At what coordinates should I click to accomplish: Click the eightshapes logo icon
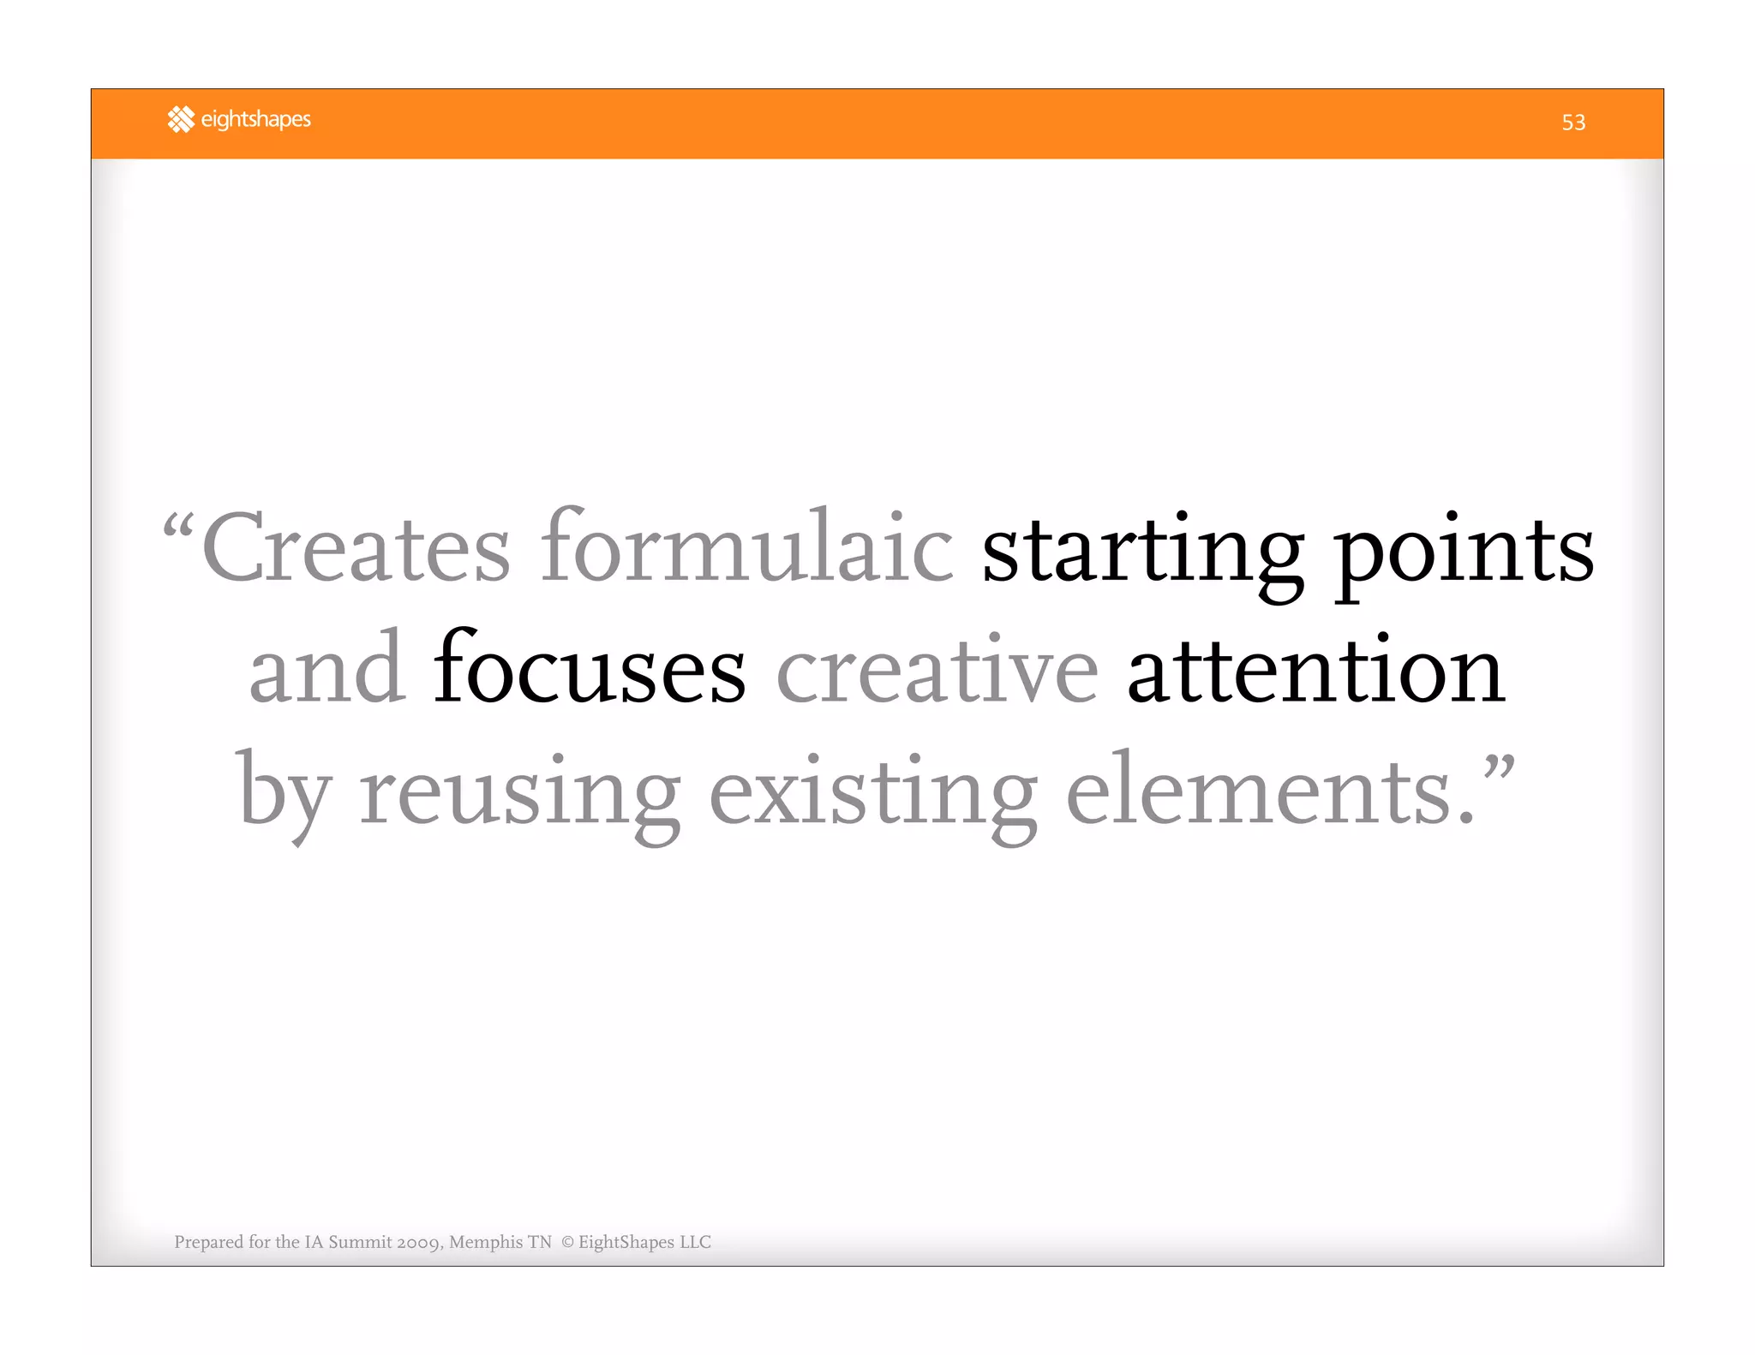(181, 119)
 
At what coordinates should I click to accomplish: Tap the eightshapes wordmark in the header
(255, 119)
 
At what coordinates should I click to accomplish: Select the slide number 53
(1573, 122)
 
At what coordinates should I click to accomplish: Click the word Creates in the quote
(356, 549)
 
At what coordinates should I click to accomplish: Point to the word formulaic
(746, 549)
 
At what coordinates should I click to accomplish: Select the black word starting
(1142, 552)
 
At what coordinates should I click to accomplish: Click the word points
(1464, 552)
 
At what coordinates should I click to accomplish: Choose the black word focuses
(590, 669)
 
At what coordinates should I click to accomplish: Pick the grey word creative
(937, 669)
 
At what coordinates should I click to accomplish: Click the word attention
(1315, 669)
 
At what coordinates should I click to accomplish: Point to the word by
(283, 792)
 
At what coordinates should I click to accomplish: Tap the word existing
(873, 792)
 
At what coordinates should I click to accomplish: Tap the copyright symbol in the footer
(567, 1242)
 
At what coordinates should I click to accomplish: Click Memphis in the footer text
(486, 1242)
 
